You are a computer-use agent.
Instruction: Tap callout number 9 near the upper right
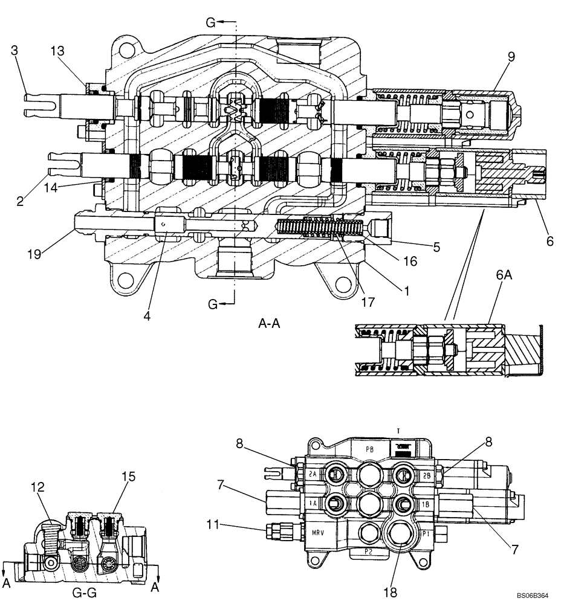511,57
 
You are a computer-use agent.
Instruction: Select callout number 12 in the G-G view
41,478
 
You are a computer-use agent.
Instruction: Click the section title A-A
269,324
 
